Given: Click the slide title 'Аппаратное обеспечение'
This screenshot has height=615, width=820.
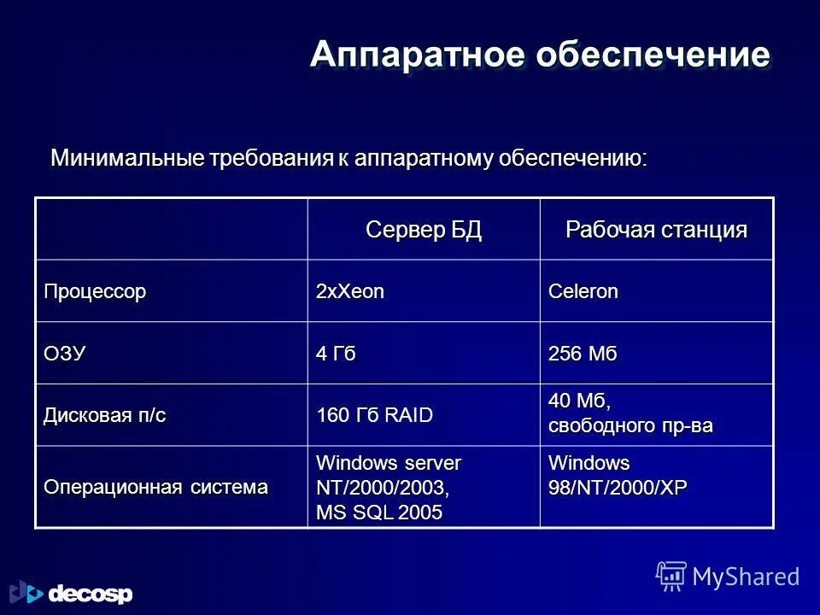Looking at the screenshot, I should coord(540,55).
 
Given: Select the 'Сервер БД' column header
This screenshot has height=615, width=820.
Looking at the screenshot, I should coord(424,229).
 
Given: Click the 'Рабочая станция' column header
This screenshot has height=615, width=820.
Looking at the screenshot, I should coord(656,229).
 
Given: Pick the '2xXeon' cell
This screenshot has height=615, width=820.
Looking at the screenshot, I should coord(350,291).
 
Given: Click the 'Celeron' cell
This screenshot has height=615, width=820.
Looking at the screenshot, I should coord(583,291).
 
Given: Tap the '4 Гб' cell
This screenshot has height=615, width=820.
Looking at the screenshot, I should coord(336,354).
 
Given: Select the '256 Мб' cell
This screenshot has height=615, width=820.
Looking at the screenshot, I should coord(581,354).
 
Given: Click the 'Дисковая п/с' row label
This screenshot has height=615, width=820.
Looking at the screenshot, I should coord(105,415).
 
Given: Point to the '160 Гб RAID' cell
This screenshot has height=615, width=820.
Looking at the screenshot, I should coord(374,416).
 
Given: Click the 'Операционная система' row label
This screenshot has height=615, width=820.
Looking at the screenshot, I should coord(155,487).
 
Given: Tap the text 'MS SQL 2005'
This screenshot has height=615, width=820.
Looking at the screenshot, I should coord(379,512).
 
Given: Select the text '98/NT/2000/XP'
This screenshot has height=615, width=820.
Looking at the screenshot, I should coord(617,488).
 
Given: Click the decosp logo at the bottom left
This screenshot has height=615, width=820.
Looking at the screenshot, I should coord(72,592).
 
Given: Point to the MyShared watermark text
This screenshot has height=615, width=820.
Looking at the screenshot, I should coord(746,577).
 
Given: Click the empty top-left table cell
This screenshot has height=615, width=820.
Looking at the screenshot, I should coord(171,229).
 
